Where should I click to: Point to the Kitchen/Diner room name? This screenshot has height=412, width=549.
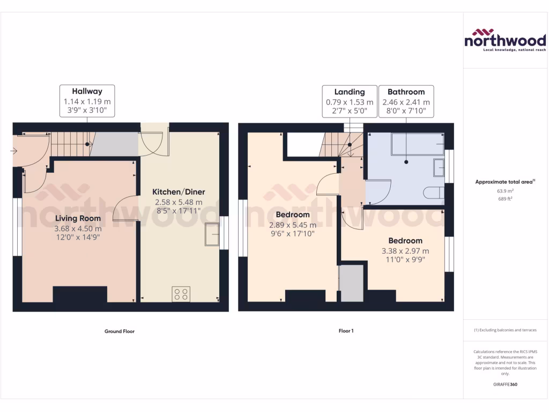[x=179, y=192]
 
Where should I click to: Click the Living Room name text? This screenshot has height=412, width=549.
[x=78, y=218]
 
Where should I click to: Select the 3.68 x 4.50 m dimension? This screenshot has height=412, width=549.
[x=78, y=228]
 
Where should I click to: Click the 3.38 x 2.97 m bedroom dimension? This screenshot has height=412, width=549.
[x=405, y=251]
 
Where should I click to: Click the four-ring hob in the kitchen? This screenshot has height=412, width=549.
[x=181, y=294]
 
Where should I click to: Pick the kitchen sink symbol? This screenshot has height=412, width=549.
[x=212, y=234]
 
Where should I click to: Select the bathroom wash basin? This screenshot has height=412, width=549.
[x=439, y=167]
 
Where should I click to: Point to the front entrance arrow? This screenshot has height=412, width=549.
[x=13, y=151]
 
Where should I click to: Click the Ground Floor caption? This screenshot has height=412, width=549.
[x=119, y=332]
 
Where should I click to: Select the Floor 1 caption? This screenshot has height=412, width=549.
[x=346, y=331]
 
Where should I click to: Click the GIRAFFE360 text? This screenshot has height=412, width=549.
[x=505, y=385]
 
